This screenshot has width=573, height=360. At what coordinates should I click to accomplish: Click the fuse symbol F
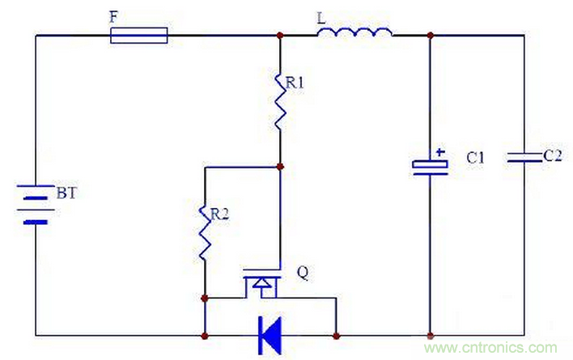coord(138,35)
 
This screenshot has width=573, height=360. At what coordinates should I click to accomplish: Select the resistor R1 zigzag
coord(279,101)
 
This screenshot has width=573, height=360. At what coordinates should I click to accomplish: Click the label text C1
coord(475,159)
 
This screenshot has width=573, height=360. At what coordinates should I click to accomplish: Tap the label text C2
coord(552,155)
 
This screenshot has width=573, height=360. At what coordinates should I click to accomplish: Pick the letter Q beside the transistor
coord(302,272)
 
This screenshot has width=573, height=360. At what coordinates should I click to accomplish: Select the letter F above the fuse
coord(112,15)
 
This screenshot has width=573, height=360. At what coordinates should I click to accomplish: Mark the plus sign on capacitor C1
coord(440,151)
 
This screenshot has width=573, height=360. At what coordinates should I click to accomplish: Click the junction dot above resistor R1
coord(279,35)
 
